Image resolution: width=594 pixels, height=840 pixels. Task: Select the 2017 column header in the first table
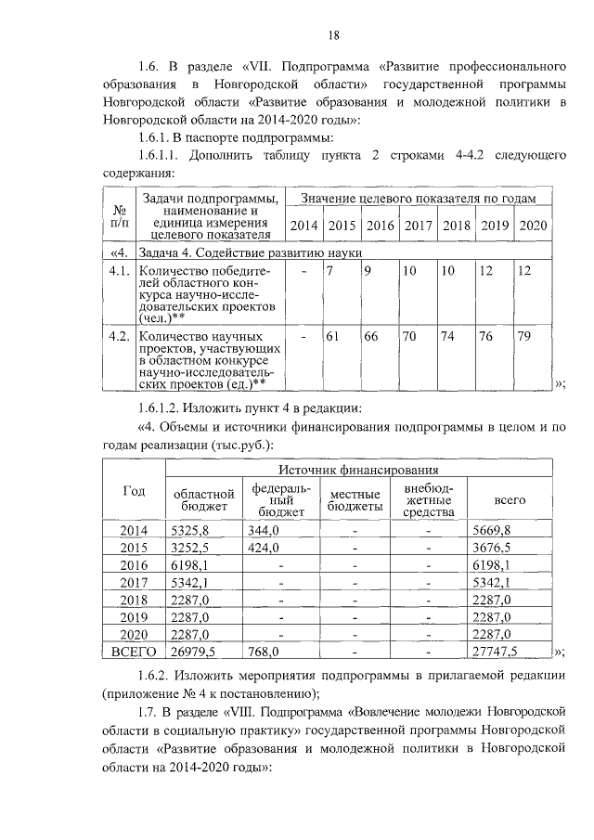pos(419,226)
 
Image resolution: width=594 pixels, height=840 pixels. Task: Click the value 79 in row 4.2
pos(524,336)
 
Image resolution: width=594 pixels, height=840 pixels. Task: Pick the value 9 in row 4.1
pos(368,270)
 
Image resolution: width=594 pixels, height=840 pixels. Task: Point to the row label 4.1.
pos(118,270)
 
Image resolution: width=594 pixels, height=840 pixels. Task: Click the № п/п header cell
pos(118,214)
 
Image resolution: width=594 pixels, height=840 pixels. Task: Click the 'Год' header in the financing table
pos(134,492)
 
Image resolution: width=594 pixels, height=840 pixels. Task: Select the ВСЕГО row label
pos(134,653)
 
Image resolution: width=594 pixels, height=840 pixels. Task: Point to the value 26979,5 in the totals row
pos(195,653)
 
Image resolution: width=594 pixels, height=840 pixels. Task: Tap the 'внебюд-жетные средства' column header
pos(428,499)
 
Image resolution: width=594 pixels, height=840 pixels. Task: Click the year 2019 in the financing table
pos(134,617)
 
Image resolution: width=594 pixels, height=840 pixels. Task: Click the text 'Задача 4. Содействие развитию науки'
pos(249,252)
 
